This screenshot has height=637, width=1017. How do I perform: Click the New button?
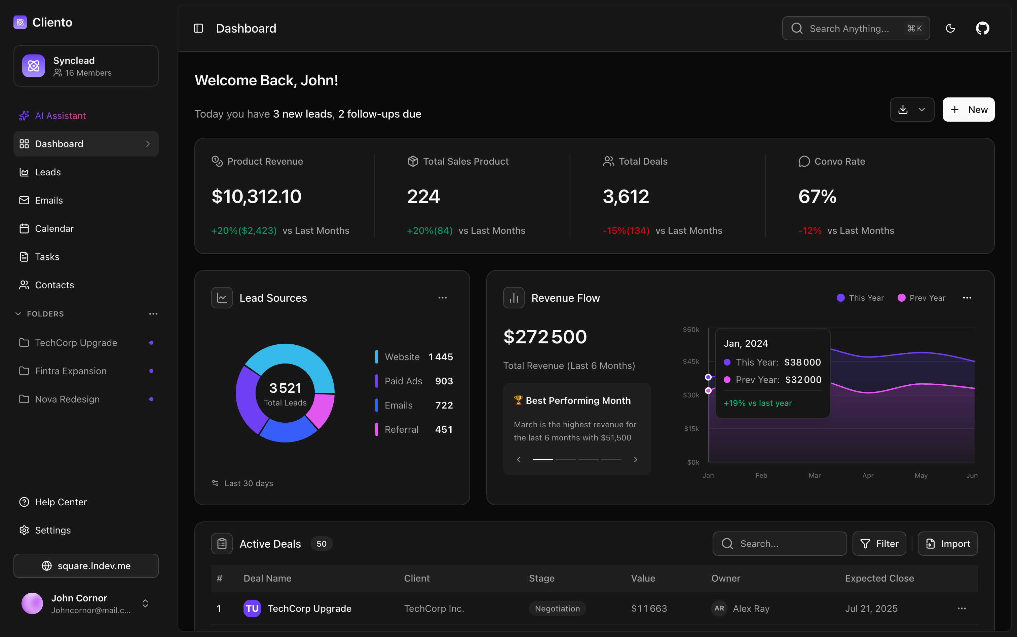[x=968, y=110]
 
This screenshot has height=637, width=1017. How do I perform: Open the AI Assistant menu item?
[x=60, y=116]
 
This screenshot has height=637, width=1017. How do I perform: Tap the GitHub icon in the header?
[x=982, y=28]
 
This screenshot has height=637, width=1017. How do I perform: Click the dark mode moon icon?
[x=950, y=28]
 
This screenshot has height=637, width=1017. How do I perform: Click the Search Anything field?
[x=850, y=28]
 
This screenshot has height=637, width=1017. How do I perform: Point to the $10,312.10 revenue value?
[x=256, y=196]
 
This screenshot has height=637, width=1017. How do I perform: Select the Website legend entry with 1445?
[x=414, y=357]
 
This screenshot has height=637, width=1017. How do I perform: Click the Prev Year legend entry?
[x=922, y=298]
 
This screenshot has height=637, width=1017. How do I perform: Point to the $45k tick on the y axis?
[x=691, y=362]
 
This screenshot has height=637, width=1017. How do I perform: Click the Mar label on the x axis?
[x=814, y=475]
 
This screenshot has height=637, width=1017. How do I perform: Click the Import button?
[x=947, y=544]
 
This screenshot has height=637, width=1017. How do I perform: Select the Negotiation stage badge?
[x=557, y=608]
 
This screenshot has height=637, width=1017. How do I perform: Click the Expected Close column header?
[x=879, y=578]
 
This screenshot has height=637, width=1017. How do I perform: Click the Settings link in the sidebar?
[x=53, y=530]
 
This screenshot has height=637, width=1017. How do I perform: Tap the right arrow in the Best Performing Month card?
[x=635, y=459]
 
